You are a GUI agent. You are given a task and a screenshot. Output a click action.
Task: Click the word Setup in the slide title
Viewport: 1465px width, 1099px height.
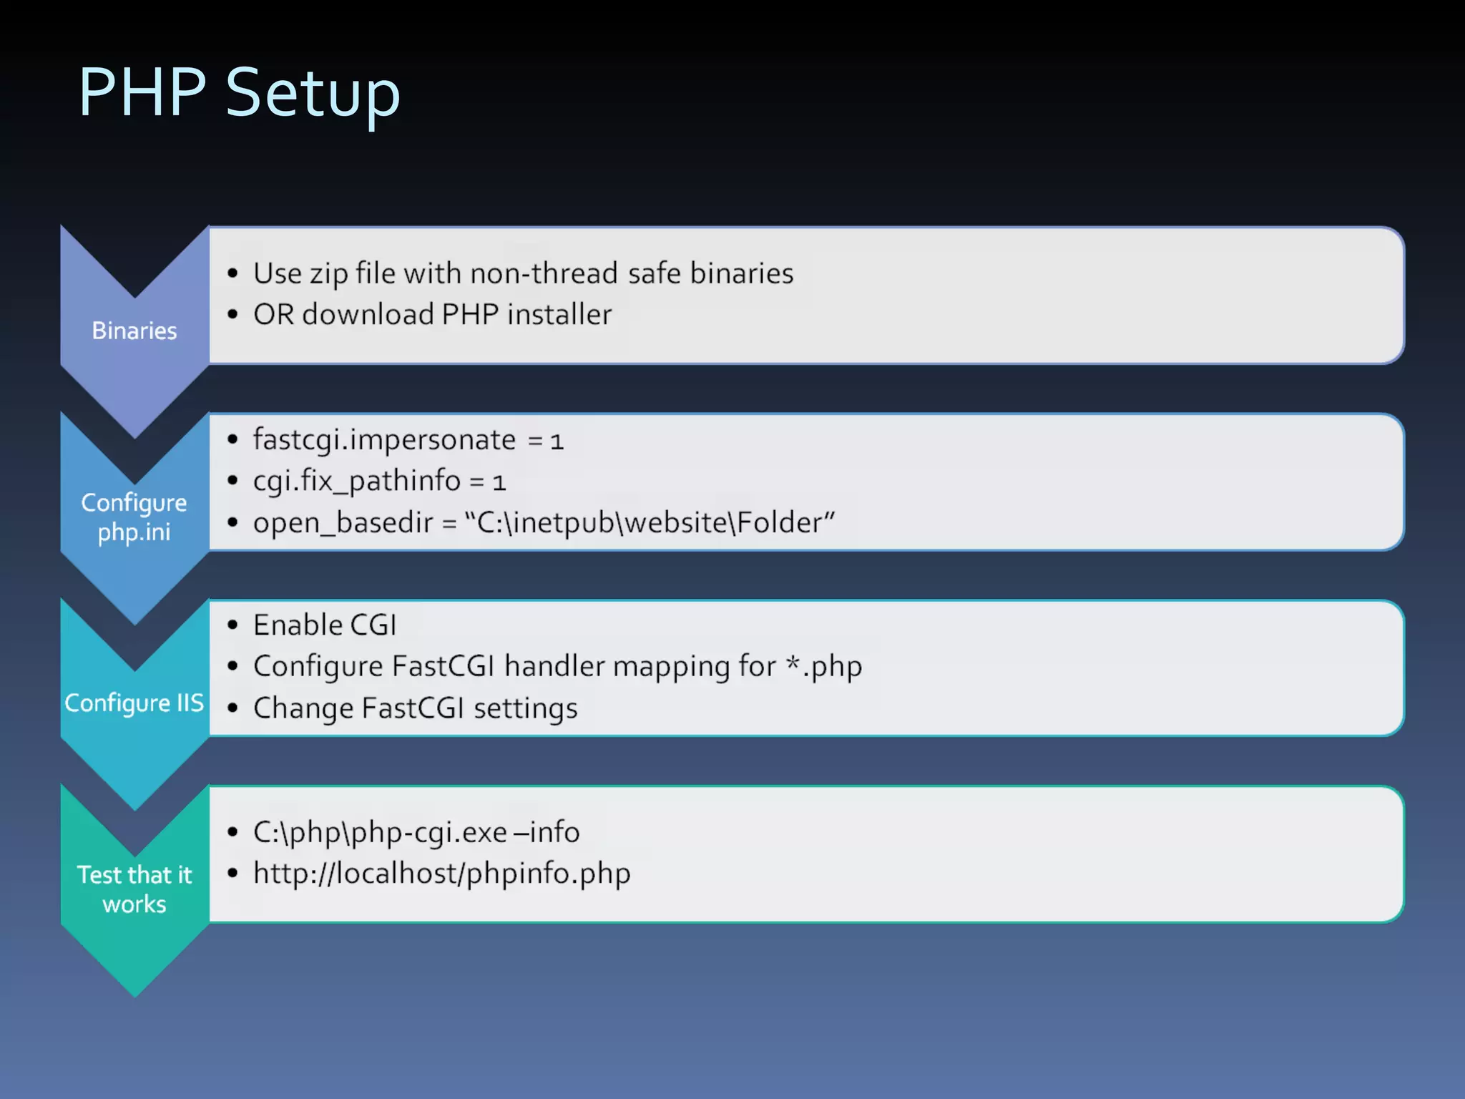point(313,93)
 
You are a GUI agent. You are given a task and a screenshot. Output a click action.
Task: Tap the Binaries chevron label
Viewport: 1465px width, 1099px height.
point(134,331)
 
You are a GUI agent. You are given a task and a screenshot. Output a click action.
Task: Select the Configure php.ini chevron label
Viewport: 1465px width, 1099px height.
point(134,517)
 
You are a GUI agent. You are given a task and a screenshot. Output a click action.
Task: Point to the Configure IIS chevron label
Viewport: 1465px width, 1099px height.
point(134,703)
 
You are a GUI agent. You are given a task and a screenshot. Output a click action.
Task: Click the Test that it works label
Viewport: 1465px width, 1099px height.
point(134,889)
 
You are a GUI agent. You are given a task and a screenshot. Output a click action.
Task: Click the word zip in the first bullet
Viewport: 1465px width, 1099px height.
point(328,274)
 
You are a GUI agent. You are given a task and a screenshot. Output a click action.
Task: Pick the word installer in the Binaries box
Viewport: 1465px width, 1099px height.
point(559,315)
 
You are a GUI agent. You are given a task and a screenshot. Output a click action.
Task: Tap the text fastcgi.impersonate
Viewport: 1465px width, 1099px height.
point(384,439)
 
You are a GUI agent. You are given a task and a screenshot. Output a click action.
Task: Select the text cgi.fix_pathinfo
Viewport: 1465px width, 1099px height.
point(356,481)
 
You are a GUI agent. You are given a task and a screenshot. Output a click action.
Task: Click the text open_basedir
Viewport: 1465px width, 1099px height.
point(343,523)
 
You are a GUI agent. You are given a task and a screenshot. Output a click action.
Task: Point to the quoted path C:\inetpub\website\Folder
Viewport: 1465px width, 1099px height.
point(649,522)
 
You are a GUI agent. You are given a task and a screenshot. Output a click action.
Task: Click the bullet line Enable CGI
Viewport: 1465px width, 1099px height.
point(325,625)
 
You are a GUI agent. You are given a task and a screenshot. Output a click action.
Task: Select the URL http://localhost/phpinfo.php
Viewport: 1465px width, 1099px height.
point(441,874)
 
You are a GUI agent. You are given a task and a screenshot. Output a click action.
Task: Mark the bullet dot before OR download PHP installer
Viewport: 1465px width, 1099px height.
point(232,315)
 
